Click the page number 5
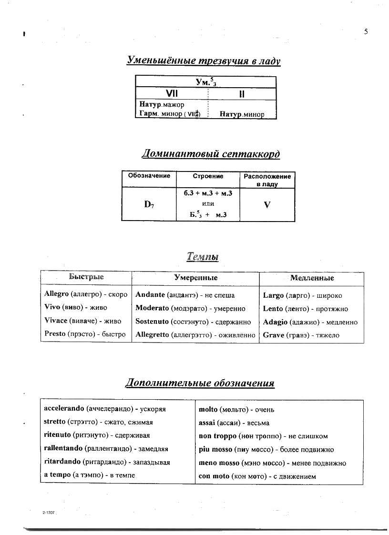pos(366,32)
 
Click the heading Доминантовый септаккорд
pos(211,154)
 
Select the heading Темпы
pos(203,257)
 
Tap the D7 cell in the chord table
pos(149,205)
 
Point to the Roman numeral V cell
pos(267,205)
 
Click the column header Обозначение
pos(149,176)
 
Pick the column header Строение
pos(208,176)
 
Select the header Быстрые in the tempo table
pos(86,277)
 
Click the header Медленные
pos(312,278)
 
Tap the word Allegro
pos(56,294)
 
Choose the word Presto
pos(55,334)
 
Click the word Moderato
pos(153,309)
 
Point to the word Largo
pos(273,295)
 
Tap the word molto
pos(208,410)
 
